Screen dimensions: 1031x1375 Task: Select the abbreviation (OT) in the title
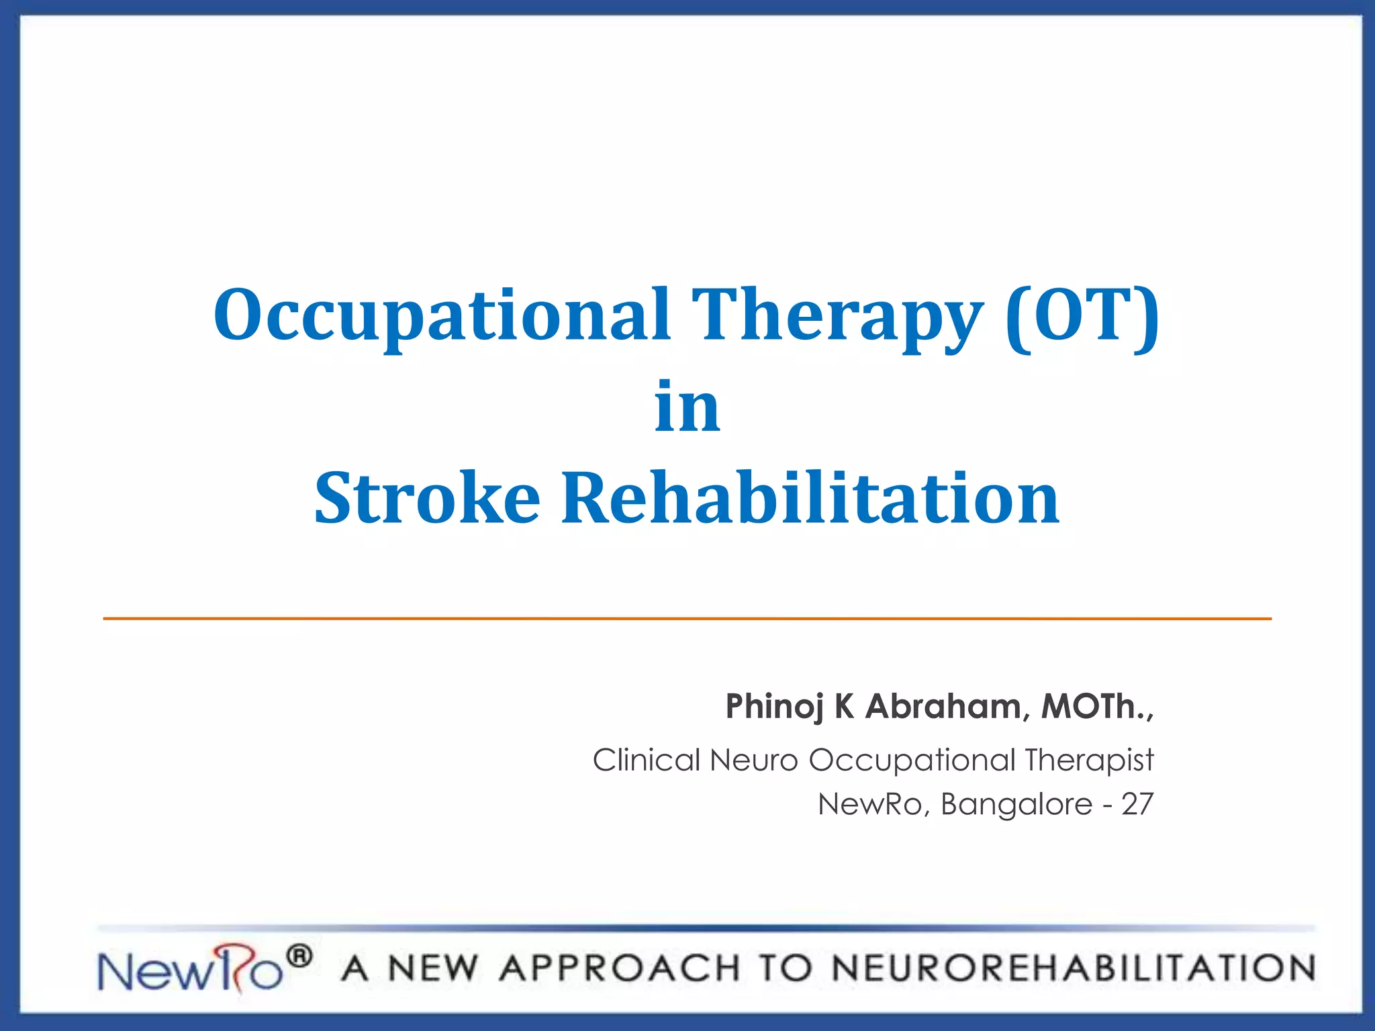[x=1082, y=314]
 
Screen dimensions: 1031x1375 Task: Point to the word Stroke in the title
[x=427, y=498]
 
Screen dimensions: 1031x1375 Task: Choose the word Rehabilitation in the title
[x=810, y=498]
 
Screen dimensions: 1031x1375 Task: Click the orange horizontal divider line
[x=687, y=618]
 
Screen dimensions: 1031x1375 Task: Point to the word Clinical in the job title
[x=646, y=760]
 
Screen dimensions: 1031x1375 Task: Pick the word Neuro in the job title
[x=753, y=760]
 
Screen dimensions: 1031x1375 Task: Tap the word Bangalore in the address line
[x=1016, y=804]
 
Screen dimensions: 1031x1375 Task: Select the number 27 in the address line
[x=1137, y=804]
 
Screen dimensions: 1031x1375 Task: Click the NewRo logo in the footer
[x=191, y=970]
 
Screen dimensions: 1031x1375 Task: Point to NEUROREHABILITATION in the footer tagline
[x=1073, y=969]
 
